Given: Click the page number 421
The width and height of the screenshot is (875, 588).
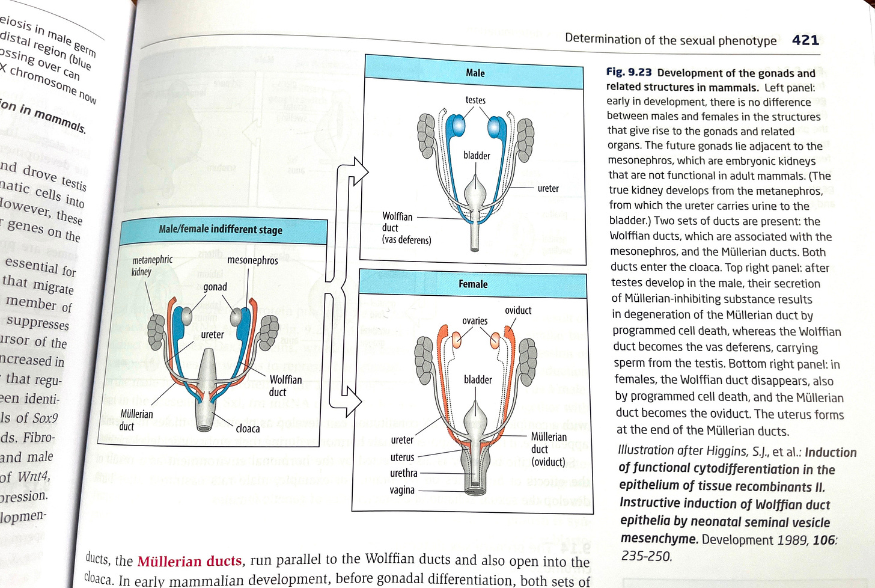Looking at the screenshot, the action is click(805, 40).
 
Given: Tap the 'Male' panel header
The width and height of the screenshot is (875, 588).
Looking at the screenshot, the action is click(475, 73).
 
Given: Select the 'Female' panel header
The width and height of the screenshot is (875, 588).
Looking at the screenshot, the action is click(473, 284).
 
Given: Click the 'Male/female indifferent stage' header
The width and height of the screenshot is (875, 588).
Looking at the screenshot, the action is click(221, 230).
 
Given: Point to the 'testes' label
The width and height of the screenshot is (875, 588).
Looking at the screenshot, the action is click(475, 100).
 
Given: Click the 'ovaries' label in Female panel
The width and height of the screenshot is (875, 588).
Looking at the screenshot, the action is click(475, 320).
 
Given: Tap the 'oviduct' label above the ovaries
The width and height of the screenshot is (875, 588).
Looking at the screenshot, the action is click(518, 310).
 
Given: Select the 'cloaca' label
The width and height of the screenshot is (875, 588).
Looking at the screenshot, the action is click(248, 429).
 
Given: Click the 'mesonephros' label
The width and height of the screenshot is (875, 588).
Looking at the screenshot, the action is click(252, 260).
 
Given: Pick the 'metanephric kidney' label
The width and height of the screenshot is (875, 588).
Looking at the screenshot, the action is click(151, 265).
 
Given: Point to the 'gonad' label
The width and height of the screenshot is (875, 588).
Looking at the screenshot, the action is click(215, 287).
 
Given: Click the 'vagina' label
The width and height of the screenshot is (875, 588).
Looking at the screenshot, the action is click(402, 490).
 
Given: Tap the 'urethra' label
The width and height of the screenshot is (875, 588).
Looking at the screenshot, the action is click(404, 473).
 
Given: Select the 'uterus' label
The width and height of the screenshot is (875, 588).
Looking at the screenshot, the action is click(402, 457).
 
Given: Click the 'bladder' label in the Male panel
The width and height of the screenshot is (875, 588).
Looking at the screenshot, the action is click(477, 156).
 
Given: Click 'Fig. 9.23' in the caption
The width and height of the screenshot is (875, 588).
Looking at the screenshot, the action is click(629, 72).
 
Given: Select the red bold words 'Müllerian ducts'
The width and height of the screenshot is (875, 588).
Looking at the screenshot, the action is click(189, 561).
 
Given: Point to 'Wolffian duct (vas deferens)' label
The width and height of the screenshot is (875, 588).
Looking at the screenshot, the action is click(407, 228).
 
